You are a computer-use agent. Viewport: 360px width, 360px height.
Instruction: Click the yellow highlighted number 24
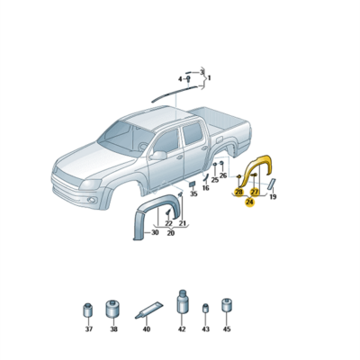point(249,202)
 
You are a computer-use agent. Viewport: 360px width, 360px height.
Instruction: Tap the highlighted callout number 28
point(238,192)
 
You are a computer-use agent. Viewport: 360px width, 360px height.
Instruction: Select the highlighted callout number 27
point(255,192)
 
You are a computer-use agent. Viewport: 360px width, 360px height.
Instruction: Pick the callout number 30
point(154,233)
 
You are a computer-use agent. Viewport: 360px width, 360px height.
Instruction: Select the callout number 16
point(205,188)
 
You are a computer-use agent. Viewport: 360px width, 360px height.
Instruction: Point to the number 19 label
point(273,195)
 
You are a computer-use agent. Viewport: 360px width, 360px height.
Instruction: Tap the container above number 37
point(88,310)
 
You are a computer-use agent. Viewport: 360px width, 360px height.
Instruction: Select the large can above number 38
point(113,309)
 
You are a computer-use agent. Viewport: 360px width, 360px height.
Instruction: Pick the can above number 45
point(226,307)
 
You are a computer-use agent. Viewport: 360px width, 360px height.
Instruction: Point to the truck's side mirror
point(159,155)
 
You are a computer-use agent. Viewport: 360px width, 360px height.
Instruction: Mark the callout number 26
point(222,175)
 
